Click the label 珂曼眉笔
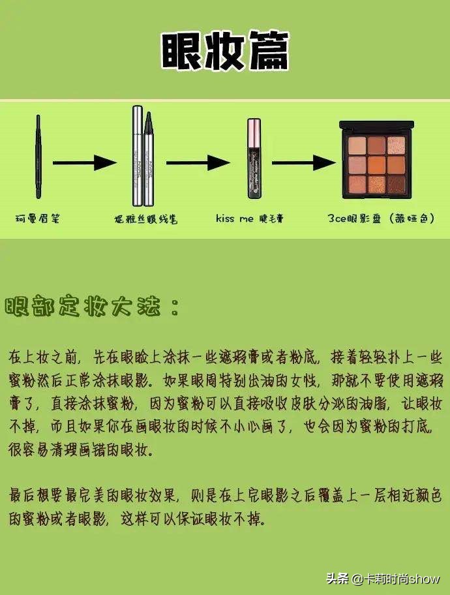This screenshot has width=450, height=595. pos(38,220)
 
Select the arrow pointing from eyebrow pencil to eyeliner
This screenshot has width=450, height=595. pos(80,162)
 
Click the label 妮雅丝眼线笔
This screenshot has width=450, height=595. pos(144,220)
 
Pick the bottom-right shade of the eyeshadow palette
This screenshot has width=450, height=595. pos(396,183)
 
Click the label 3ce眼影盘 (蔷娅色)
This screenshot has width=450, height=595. pos(381,220)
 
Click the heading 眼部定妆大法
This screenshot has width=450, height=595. pos(91,307)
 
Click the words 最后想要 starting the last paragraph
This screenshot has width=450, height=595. pos(38,496)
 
